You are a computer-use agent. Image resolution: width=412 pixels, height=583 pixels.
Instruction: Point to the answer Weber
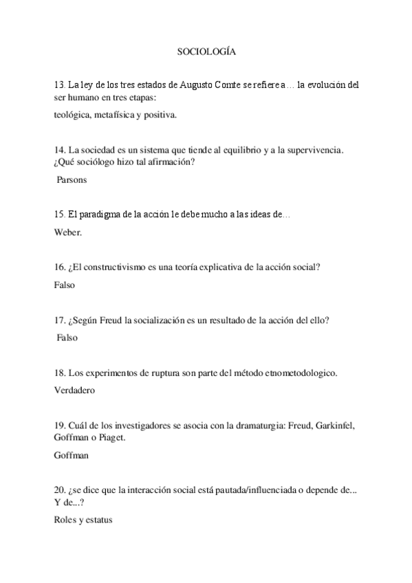[x=67, y=232]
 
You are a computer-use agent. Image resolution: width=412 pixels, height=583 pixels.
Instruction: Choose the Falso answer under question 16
[x=64, y=284]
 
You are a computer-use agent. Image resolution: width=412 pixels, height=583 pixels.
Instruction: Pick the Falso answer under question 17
[x=67, y=338]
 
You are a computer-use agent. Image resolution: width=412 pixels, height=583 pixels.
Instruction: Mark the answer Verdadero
[x=74, y=390]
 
